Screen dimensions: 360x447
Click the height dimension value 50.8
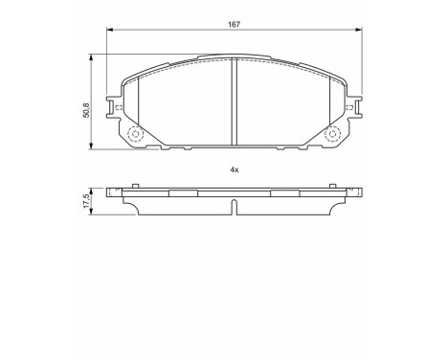[x=86, y=111]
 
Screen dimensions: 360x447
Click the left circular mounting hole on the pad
[x=133, y=136]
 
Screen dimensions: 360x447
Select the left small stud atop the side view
[x=123, y=185]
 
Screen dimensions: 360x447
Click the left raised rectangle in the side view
[x=182, y=191]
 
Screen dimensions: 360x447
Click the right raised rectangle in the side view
[x=285, y=191]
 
